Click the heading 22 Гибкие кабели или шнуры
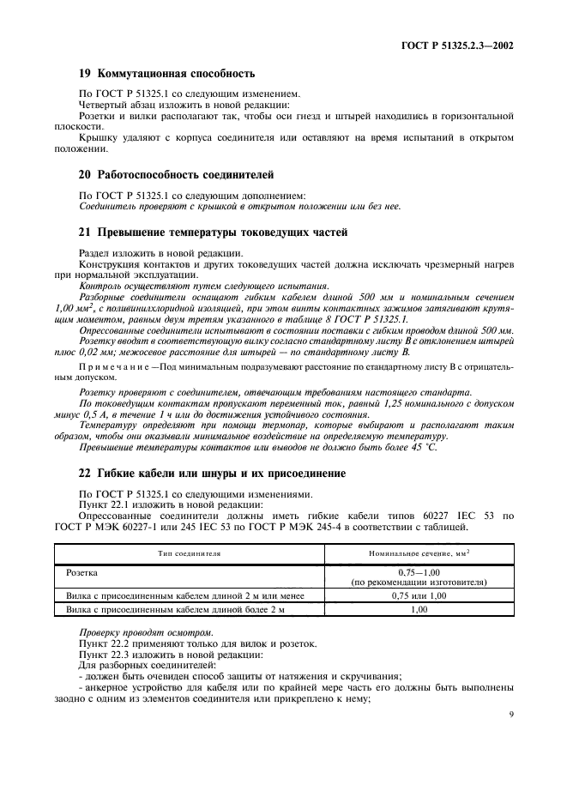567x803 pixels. point(212,473)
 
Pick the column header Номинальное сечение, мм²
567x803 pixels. point(419,554)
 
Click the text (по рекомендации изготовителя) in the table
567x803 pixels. point(419,582)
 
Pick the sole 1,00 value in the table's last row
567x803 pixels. point(419,610)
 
